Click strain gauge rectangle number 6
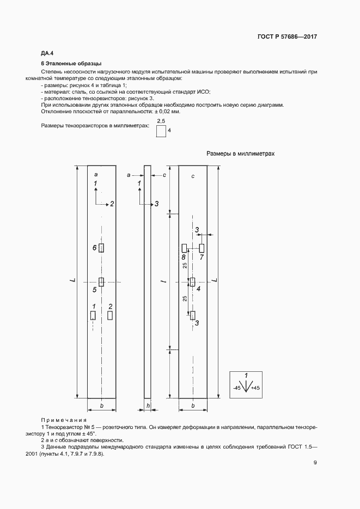click(101, 248)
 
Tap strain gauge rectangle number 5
click(101, 281)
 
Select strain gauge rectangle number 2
click(110, 315)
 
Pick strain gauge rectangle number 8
click(184, 248)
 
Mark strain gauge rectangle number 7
click(201, 248)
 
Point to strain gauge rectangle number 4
click(192, 281)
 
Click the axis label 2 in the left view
click(112, 204)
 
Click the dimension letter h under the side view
click(148, 406)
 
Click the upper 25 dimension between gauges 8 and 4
click(185, 265)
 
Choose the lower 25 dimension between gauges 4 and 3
click(185, 298)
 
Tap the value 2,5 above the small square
click(161, 120)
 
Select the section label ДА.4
click(47, 53)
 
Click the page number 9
click(315, 463)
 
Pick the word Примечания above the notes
click(64, 420)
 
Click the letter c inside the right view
click(193, 177)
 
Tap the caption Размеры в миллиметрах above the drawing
click(240, 154)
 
